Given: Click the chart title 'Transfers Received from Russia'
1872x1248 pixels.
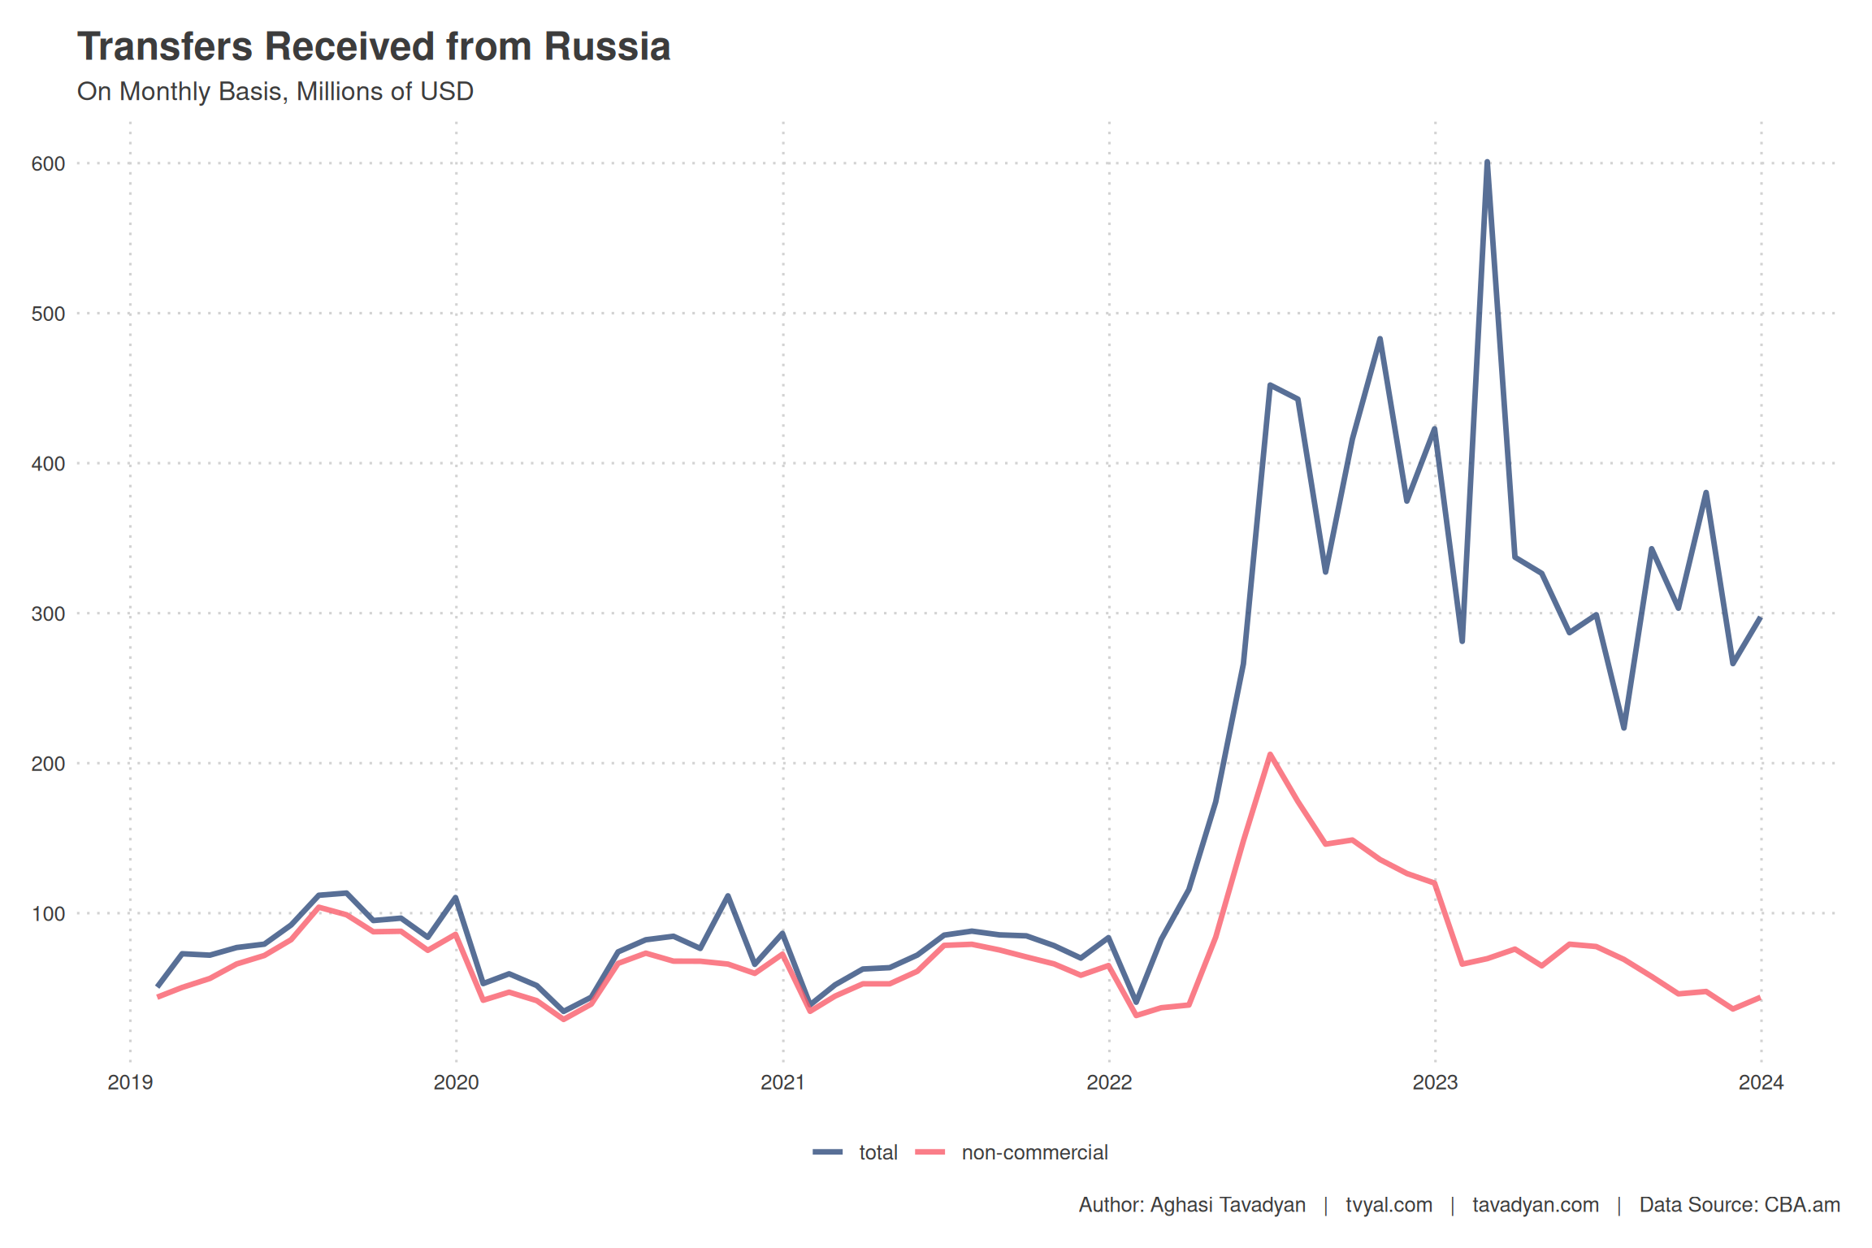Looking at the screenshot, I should (374, 47).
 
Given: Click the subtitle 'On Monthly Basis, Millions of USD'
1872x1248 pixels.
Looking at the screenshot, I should (275, 92).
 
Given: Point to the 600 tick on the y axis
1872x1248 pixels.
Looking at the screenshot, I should (48, 164).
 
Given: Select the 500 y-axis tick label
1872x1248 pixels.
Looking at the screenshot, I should (48, 314).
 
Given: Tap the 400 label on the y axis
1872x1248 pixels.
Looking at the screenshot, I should (48, 464).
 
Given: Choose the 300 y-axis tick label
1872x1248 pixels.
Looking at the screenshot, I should (48, 614).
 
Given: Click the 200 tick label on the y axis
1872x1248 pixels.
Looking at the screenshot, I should (48, 764).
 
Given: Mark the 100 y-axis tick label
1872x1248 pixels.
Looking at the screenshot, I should (48, 914).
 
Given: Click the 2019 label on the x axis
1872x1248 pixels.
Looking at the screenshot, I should (130, 1082).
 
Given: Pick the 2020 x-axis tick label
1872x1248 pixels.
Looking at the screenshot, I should (456, 1082).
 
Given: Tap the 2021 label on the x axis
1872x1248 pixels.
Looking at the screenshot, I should (782, 1082).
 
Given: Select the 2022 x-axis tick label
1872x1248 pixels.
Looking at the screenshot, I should (1109, 1082).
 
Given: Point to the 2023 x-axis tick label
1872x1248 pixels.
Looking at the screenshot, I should (1435, 1082).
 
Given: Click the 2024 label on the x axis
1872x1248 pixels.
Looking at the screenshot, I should (1761, 1082).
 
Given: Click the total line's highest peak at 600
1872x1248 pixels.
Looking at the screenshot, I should (1487, 162).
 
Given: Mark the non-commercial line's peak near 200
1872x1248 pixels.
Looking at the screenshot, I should (1270, 755).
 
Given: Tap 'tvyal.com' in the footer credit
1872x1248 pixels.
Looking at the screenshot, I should (1389, 1205).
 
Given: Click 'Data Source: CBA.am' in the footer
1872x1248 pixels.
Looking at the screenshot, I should (1739, 1205).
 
